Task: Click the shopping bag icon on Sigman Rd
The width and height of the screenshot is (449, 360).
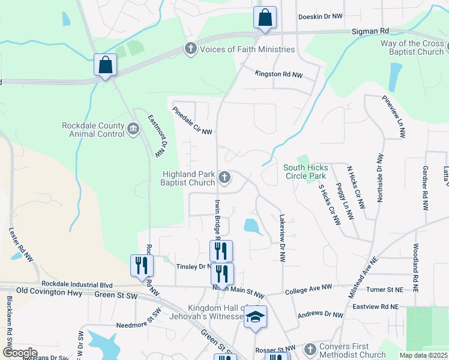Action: tap(265, 18)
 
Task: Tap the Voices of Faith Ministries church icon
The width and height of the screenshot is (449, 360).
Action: tap(191, 49)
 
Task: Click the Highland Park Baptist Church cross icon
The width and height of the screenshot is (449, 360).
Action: tap(224, 176)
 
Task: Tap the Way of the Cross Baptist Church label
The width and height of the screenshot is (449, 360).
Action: tap(412, 48)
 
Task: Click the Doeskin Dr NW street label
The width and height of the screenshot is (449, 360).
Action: tap(320, 17)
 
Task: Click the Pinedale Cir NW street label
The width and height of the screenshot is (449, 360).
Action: tap(193, 121)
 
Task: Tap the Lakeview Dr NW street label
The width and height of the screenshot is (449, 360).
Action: tap(282, 238)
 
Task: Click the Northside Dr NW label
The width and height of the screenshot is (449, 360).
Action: tap(379, 178)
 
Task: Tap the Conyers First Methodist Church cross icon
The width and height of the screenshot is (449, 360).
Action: tap(310, 349)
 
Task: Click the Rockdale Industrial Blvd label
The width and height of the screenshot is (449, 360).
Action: tap(77, 284)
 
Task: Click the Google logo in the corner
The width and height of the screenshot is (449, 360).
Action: tap(20, 352)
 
